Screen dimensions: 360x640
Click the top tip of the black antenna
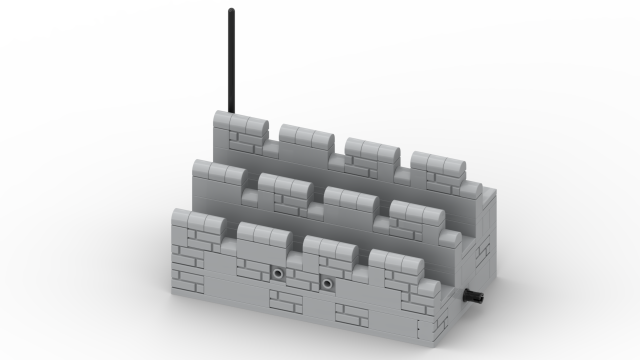point(231,10)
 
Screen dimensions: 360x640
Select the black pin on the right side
point(474,296)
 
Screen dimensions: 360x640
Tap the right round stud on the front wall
point(327,284)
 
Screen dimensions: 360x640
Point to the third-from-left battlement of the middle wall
point(350,200)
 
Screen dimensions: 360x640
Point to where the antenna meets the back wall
point(231,112)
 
